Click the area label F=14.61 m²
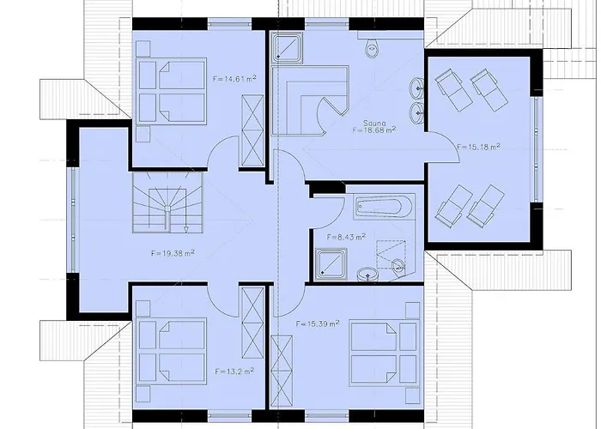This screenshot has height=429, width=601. click(x=234, y=78)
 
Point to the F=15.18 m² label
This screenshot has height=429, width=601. click(x=479, y=147)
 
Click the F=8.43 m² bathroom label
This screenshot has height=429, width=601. click(x=346, y=236)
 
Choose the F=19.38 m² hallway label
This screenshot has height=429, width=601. click(x=173, y=253)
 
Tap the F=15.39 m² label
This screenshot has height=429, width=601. click(x=317, y=323)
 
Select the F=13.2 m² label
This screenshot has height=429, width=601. click(x=234, y=372)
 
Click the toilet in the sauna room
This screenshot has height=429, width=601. click(x=372, y=46)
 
